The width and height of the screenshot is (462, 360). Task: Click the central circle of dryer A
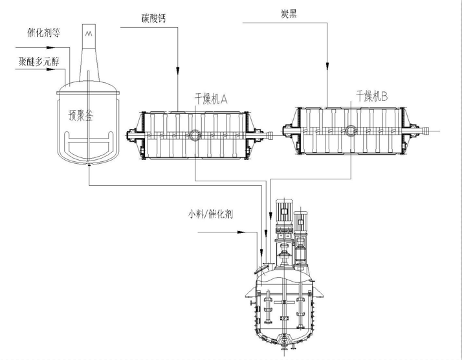pyautogui.click(x=193, y=135)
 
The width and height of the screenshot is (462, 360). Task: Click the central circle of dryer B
pyautogui.click(x=350, y=131)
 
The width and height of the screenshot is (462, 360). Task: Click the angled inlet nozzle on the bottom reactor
pyautogui.click(x=261, y=267)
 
